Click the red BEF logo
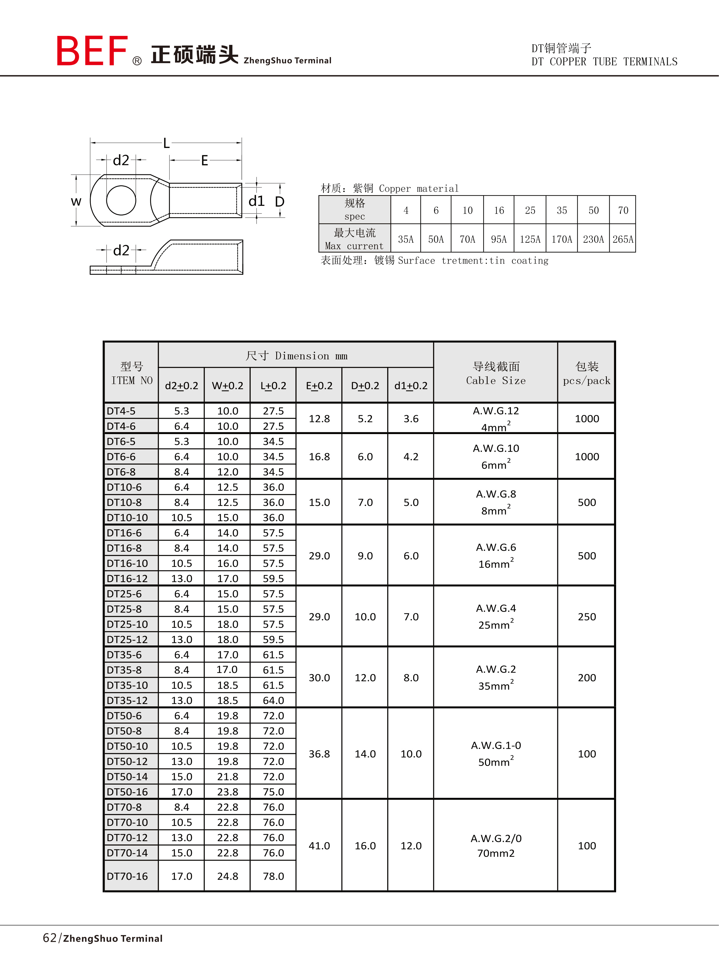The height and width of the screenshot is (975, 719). click(92, 51)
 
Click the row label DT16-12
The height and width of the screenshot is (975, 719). click(127, 578)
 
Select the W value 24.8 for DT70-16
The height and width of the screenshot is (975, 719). click(227, 876)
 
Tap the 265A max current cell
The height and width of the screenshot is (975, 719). click(622, 239)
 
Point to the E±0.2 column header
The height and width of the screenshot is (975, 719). click(319, 386)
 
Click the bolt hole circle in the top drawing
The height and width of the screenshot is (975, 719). click(121, 200)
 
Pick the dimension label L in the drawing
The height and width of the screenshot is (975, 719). click(166, 143)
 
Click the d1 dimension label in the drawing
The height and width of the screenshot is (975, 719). click(256, 201)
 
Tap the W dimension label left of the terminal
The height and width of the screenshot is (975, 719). click(76, 201)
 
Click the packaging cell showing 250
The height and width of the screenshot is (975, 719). click(586, 617)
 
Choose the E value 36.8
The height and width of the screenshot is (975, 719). click(319, 754)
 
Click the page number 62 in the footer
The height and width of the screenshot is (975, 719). click(50, 938)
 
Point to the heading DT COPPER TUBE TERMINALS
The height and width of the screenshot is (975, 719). click(604, 62)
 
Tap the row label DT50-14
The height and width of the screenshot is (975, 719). click(127, 776)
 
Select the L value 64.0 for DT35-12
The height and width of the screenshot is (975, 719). click(273, 700)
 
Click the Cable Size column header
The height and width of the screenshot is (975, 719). click(496, 374)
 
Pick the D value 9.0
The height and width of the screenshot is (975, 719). click(365, 556)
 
